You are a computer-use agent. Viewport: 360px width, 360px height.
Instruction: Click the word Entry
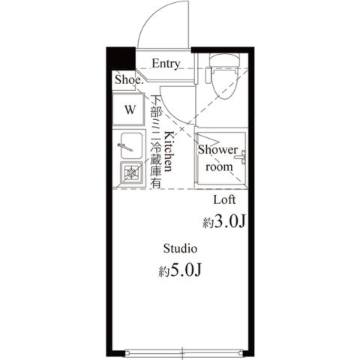(x=165, y=64)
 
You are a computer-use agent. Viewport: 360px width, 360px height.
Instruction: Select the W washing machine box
(x=130, y=109)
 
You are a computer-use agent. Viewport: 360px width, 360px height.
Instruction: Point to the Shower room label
(x=219, y=158)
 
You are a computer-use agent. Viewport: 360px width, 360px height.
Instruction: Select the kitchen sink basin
(x=130, y=144)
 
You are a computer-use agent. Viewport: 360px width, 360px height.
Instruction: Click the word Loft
(x=225, y=199)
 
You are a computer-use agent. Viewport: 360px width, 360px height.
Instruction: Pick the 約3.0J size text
(x=224, y=222)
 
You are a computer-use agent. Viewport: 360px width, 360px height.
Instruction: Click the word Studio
(x=180, y=248)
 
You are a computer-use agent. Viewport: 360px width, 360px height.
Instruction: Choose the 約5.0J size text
(x=180, y=271)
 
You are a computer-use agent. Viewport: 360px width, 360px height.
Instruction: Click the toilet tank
(x=223, y=60)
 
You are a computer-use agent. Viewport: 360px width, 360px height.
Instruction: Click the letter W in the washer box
(x=130, y=109)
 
